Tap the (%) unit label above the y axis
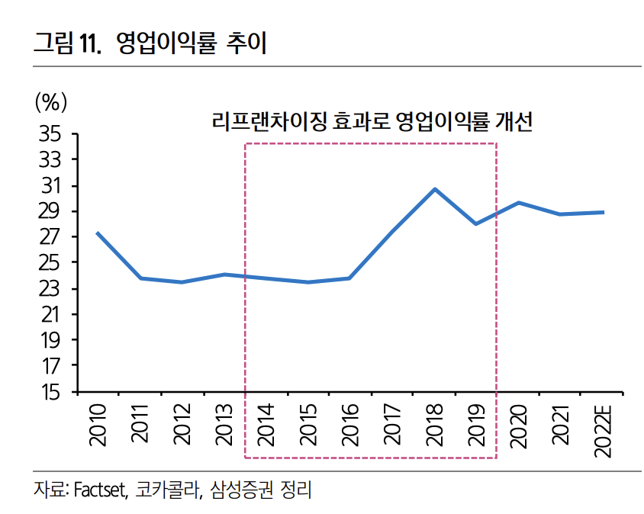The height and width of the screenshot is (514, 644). pyautogui.click(x=51, y=101)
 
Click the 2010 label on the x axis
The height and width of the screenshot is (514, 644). pyautogui.click(x=97, y=425)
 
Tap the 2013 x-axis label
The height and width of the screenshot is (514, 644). pyautogui.click(x=224, y=425)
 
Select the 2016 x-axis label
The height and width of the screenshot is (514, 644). pyautogui.click(x=350, y=425)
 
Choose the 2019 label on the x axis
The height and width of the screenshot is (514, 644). pyautogui.click(x=476, y=425)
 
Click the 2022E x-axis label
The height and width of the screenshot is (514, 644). pyautogui.click(x=603, y=430)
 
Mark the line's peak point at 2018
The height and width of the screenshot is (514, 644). pyautogui.click(x=434, y=189)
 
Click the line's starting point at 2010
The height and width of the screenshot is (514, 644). pyautogui.click(x=97, y=233)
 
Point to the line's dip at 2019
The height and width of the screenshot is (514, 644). pyautogui.click(x=476, y=224)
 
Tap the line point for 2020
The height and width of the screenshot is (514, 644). pyautogui.click(x=519, y=203)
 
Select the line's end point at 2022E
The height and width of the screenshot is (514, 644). pyautogui.click(x=603, y=212)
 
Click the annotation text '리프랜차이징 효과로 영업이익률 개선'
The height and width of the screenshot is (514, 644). pyautogui.click(x=371, y=122)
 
